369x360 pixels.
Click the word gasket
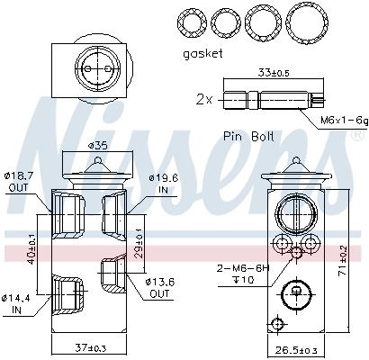tap(203, 53)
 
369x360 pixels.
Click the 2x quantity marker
tap(204, 99)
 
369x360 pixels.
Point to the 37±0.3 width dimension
tap(91, 346)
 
